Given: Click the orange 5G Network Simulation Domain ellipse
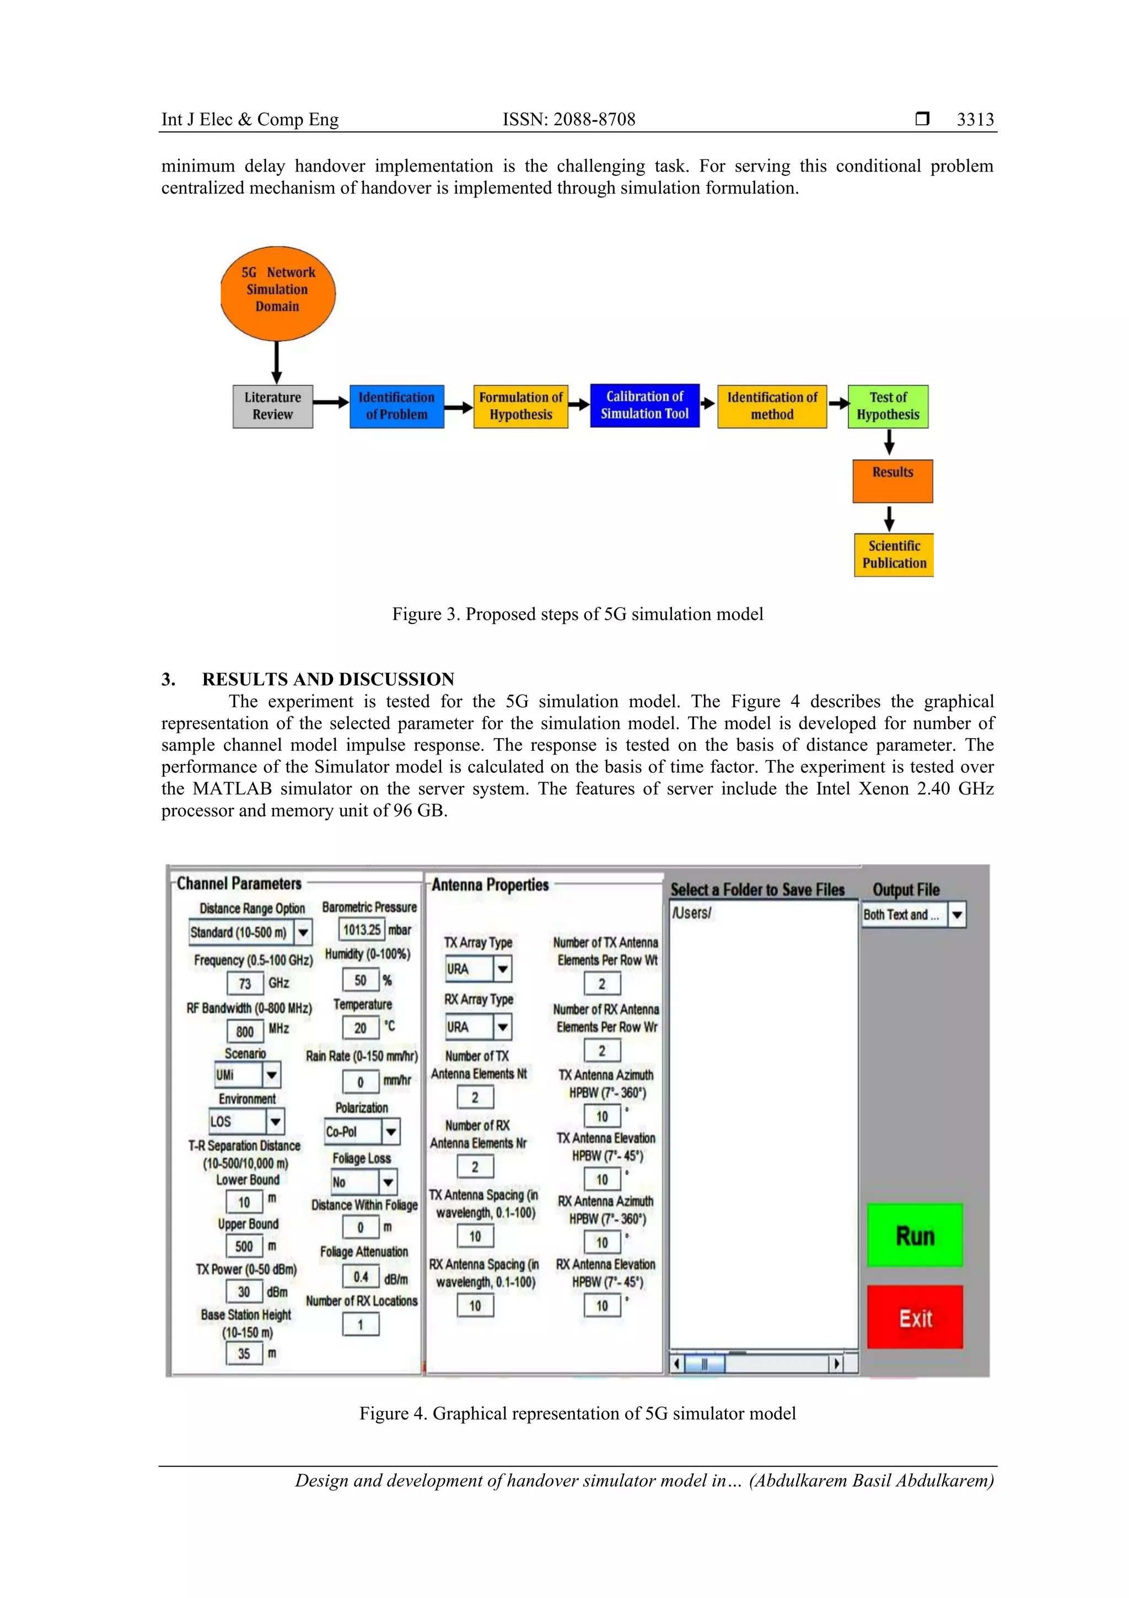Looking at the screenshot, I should click(x=277, y=293).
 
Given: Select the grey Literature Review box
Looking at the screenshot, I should click(x=273, y=407).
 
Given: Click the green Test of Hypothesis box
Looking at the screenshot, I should click(x=888, y=407).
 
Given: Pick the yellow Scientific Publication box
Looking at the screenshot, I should click(x=893, y=555).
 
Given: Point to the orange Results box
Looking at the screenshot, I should click(x=893, y=481).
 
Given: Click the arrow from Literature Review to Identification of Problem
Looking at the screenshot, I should click(x=330, y=402).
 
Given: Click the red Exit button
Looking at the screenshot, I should click(x=915, y=1318).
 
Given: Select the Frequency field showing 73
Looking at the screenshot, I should click(x=245, y=984).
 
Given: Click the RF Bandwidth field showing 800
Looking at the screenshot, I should click(x=245, y=1032).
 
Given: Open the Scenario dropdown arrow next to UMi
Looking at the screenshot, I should click(x=272, y=1075).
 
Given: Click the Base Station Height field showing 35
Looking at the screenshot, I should click(x=244, y=1354).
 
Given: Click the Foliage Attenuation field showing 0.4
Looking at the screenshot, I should click(x=361, y=1276).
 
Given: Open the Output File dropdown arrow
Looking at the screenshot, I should click(x=957, y=915).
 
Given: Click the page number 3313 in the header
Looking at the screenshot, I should click(x=975, y=120).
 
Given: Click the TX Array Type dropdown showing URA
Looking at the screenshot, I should click(x=479, y=969).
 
